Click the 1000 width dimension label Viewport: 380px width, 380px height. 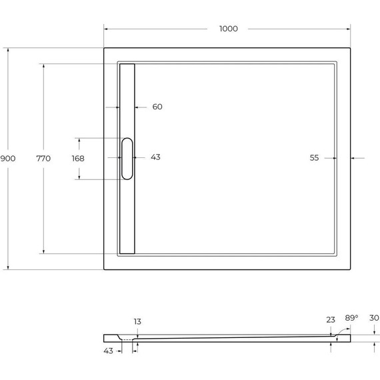(x=228, y=29)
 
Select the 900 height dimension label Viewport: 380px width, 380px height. (x=8, y=158)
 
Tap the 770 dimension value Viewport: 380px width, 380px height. (x=43, y=158)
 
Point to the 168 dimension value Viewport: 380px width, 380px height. (x=78, y=158)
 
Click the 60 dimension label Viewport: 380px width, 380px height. (x=157, y=107)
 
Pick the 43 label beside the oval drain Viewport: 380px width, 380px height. (x=155, y=157)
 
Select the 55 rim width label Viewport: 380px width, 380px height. (x=315, y=158)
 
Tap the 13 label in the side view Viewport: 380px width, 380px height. (x=137, y=321)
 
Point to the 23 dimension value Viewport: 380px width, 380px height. (x=331, y=320)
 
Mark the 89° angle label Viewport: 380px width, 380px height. (x=351, y=318)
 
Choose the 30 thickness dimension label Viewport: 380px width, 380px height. (x=373, y=318)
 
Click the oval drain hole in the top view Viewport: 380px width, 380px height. (x=127, y=158)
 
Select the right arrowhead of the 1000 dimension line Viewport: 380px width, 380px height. (x=349, y=29)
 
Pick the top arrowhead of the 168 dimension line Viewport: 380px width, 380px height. (x=78, y=140)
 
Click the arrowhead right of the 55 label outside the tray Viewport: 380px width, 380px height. (x=354, y=158)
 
